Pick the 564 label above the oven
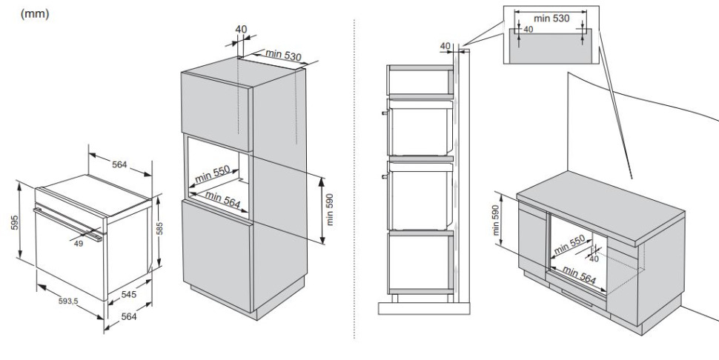coord(119,164)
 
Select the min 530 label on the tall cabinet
coord(283,55)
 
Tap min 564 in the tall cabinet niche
coord(223,201)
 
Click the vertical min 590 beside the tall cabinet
coord(330,212)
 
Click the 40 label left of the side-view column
coord(445,46)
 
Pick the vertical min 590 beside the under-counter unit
coord(496,221)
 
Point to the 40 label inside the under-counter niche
coord(594,259)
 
